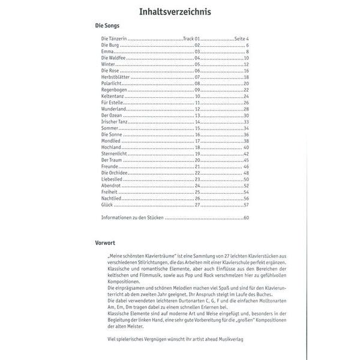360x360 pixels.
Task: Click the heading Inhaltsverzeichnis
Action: [x=175, y=11]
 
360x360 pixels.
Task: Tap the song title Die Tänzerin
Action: [x=114, y=39]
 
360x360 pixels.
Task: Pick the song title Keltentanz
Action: [x=112, y=96]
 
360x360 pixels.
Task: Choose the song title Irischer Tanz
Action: [x=115, y=122]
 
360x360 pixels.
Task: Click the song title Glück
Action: [x=107, y=205]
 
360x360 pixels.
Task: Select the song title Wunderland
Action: [x=113, y=109]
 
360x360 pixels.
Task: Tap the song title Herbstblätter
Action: [x=115, y=77]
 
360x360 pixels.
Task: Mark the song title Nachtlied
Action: [x=112, y=199]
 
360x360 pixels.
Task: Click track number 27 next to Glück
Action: [x=197, y=205]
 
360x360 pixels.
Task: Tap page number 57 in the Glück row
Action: [x=246, y=205]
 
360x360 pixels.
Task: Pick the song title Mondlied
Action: [x=110, y=141]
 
